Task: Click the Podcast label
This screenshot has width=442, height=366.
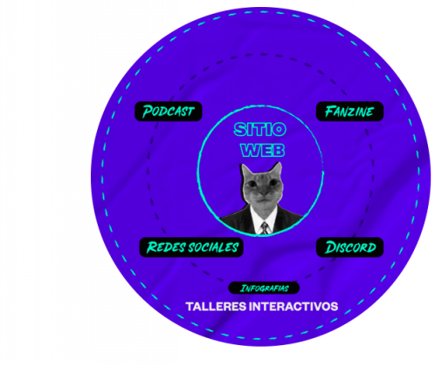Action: (x=169, y=112)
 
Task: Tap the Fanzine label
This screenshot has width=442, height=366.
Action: (x=349, y=112)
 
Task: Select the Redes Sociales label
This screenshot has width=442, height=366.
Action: (x=191, y=247)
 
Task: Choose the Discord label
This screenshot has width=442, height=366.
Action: (x=349, y=247)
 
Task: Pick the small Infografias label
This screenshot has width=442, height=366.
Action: (x=264, y=288)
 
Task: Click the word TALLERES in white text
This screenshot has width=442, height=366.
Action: (x=216, y=307)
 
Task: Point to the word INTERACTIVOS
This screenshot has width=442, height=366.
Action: (x=294, y=307)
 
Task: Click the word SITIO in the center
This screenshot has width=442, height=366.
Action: (x=260, y=129)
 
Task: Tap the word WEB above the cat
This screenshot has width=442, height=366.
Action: (x=263, y=151)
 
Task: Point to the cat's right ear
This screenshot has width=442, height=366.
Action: (x=277, y=168)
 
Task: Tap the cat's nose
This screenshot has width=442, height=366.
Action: (x=264, y=193)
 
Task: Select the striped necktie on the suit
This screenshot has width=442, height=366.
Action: (x=265, y=228)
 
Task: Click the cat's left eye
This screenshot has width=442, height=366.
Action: (x=252, y=183)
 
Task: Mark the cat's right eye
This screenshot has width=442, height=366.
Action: (x=273, y=182)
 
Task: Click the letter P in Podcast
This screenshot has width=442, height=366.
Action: (x=148, y=112)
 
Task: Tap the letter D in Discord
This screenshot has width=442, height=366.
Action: (x=331, y=247)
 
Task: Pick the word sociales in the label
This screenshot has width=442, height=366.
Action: (x=213, y=247)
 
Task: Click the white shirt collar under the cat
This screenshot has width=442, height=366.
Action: (x=264, y=216)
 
